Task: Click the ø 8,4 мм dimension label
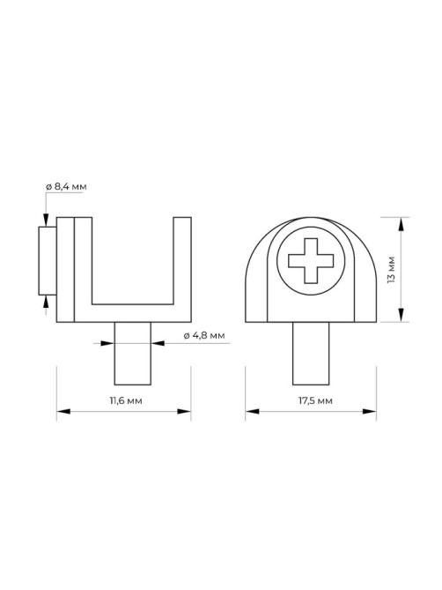pyautogui.click(x=66, y=187)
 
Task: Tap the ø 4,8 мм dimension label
pyautogui.click(x=204, y=336)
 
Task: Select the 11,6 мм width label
pyautogui.click(x=126, y=400)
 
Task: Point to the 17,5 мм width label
pyautogui.click(x=315, y=400)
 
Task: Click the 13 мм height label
pyautogui.click(x=392, y=269)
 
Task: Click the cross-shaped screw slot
pyautogui.click(x=311, y=260)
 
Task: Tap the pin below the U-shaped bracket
pyautogui.click(x=133, y=354)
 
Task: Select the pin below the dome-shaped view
pyautogui.click(x=311, y=354)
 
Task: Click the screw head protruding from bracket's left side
pyautogui.click(x=48, y=261)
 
